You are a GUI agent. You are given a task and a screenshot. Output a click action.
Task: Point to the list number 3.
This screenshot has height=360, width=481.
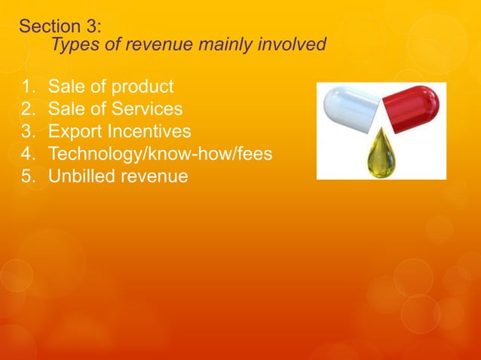pos(27,132)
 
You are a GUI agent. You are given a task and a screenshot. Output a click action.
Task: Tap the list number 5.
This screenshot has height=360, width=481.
pos(27,177)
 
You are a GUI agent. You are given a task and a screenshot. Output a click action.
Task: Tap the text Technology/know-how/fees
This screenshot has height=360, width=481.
pos(160,154)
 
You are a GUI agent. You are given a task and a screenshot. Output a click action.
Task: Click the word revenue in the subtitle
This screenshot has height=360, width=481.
pos(156,45)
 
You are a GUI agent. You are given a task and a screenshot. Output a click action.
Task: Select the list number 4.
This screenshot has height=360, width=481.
pos(27,154)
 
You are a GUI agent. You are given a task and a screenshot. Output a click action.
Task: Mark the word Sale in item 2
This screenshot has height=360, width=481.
pos(66,109)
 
